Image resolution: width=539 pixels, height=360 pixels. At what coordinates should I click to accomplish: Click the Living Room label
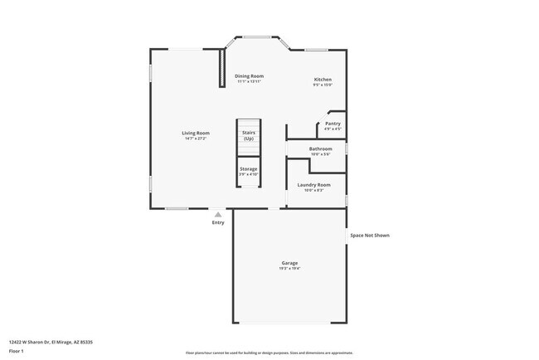(196, 133)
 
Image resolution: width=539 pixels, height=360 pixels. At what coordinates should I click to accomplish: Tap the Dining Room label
(249, 76)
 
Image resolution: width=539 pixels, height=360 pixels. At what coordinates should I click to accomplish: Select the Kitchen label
(323, 80)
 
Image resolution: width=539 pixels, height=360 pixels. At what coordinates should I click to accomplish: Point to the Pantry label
(332, 124)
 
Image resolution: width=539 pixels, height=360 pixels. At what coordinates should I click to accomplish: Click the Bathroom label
(320, 148)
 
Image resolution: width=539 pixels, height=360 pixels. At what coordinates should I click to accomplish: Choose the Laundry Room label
(313, 184)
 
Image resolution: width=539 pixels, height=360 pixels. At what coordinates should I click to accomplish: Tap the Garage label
(289, 263)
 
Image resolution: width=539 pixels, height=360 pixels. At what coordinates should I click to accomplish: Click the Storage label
(249, 168)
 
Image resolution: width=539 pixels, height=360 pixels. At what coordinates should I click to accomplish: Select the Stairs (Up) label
(249, 135)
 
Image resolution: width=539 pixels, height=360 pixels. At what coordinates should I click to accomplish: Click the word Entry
(218, 222)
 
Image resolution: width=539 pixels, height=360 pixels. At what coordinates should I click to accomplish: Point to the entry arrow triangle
(218, 214)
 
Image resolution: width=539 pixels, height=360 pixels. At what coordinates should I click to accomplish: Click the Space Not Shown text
(369, 235)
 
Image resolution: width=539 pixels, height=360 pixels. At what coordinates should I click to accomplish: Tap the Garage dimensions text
(289, 269)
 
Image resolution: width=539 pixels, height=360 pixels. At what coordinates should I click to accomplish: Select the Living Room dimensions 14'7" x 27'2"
(196, 139)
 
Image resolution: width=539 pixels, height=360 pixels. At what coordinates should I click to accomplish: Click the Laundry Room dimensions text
(313, 190)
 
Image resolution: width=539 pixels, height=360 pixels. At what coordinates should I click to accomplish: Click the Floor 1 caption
(16, 352)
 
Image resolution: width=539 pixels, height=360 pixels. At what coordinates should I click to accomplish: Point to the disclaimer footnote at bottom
(269, 353)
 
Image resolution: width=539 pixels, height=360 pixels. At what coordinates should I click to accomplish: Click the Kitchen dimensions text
(323, 85)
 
